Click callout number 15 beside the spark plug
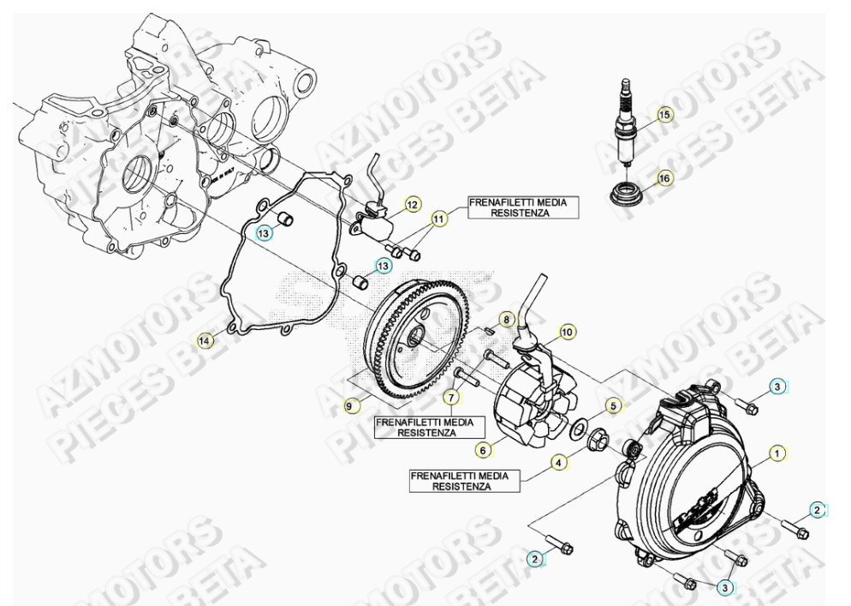pyautogui.click(x=665, y=114)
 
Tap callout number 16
pyautogui.click(x=665, y=178)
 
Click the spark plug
pyautogui.click(x=623, y=120)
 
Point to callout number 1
pyautogui.click(x=777, y=451)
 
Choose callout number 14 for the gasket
pyautogui.click(x=204, y=341)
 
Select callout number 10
pyautogui.click(x=566, y=330)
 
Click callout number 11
pyautogui.click(x=438, y=219)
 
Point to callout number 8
pyautogui.click(x=507, y=319)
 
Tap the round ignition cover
pyautogui.click(x=685, y=489)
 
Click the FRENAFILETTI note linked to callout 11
pyautogui.click(x=510, y=207)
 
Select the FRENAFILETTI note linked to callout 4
pyautogui.click(x=464, y=479)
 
